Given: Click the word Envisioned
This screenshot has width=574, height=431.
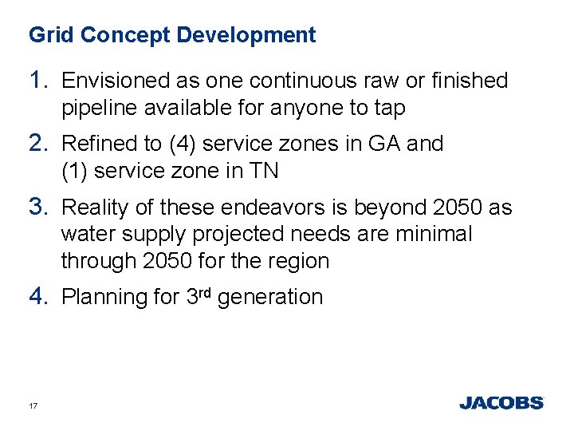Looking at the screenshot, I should (113, 81).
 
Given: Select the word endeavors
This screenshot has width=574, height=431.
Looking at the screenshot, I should (271, 208).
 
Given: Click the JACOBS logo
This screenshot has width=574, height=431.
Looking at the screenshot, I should (501, 403).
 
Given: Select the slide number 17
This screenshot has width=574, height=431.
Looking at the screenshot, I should (33, 405).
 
